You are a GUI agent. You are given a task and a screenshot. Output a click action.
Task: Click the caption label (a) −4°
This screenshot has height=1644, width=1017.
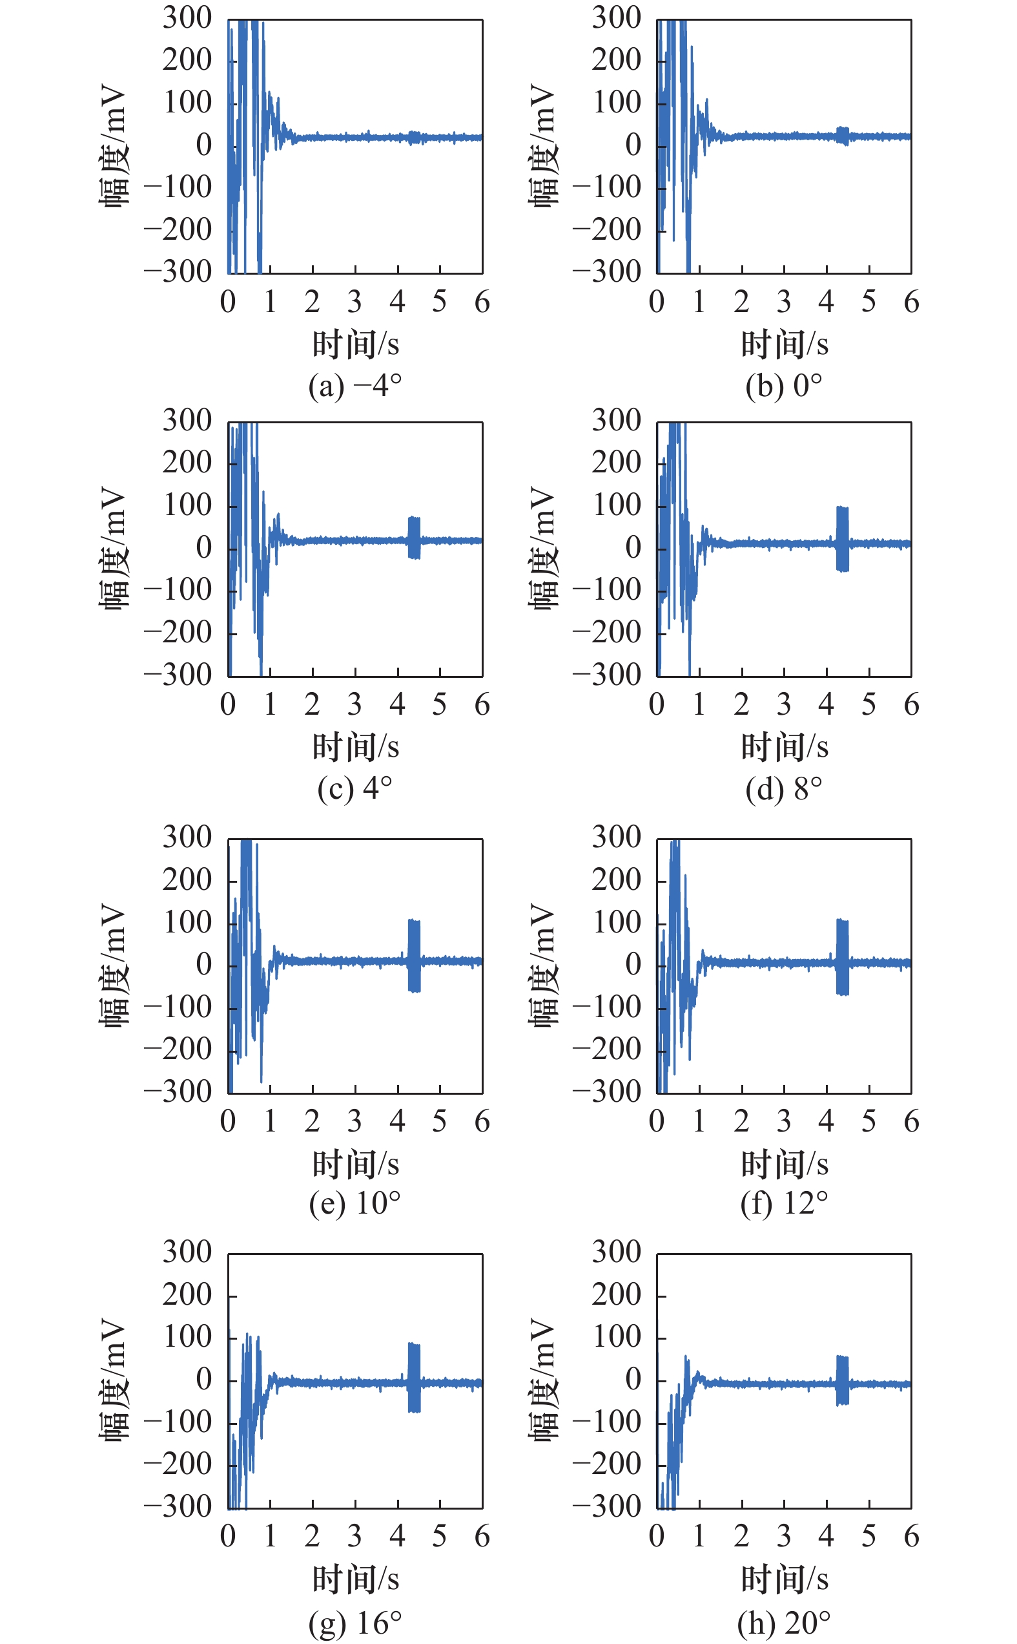(355, 386)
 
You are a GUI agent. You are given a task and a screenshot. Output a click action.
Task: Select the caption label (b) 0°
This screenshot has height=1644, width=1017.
(784, 386)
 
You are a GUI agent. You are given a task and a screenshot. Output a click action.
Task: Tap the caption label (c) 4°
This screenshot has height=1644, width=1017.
(355, 788)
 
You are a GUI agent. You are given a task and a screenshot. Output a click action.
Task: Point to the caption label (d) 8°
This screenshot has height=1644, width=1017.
(784, 788)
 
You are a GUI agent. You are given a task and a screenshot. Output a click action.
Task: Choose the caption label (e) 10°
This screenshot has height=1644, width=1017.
(355, 1203)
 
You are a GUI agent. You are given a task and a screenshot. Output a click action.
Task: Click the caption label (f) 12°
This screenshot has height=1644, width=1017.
(784, 1203)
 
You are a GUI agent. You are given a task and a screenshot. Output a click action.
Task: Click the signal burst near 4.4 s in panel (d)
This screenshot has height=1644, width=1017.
(842, 539)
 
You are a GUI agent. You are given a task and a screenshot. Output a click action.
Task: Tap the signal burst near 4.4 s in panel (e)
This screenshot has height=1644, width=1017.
(415, 956)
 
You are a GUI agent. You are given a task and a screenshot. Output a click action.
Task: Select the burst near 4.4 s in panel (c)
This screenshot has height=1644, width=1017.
(415, 538)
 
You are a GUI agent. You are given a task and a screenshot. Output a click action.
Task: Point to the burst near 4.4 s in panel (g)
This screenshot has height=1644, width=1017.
(415, 1377)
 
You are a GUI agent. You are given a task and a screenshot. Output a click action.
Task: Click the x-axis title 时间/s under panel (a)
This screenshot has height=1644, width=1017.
(355, 344)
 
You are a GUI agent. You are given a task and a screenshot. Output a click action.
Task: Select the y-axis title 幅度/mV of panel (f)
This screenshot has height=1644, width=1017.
(543, 964)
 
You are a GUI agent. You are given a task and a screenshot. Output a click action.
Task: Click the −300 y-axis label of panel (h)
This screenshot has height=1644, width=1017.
(607, 1506)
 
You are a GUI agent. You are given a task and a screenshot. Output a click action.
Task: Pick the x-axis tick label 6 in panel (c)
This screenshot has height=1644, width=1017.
(482, 704)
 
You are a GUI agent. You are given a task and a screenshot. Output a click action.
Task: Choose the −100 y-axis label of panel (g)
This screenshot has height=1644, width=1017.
(178, 1421)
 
